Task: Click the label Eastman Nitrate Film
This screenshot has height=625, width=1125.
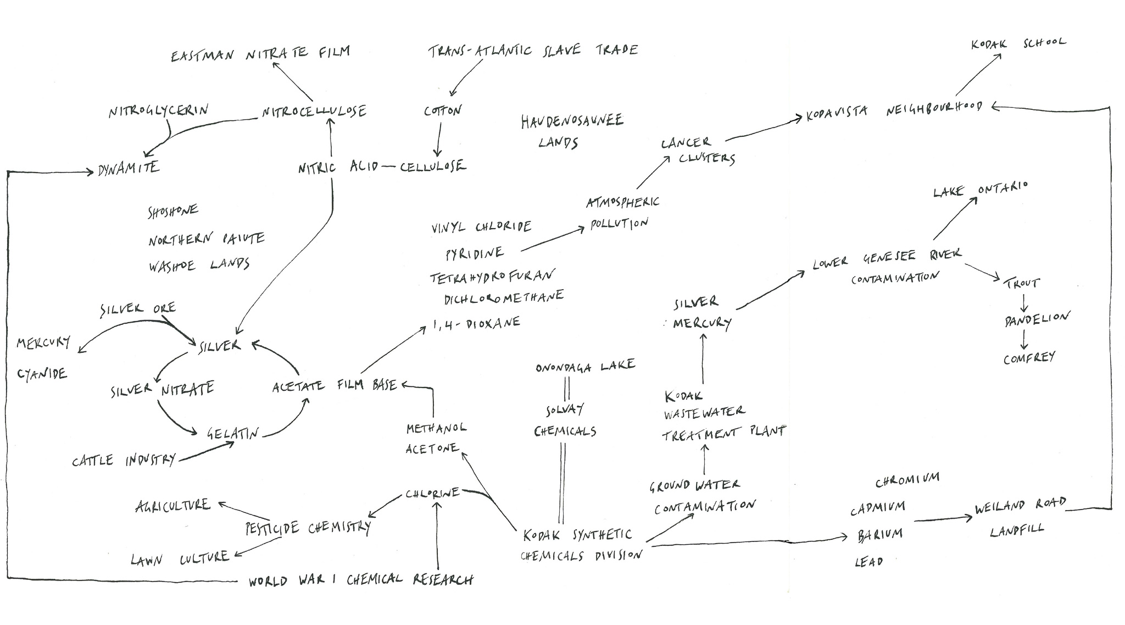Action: (260, 54)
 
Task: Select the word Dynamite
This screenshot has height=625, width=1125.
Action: (129, 168)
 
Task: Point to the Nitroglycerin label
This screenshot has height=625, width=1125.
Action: (158, 110)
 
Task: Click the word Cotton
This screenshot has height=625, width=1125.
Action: (443, 110)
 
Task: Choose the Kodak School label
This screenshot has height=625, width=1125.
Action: (1018, 43)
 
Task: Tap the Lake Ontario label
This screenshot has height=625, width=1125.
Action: (980, 190)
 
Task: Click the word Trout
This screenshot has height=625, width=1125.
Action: (1022, 283)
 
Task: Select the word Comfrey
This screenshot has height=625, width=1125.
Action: (1029, 358)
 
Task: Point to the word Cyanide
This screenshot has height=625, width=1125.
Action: (42, 374)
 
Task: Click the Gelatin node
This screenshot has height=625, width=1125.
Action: (232, 433)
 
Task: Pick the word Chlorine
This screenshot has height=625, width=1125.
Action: (432, 493)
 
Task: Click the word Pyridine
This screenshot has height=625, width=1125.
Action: (474, 253)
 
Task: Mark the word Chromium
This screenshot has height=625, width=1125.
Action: (907, 480)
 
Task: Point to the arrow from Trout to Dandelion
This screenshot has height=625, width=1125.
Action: (1024, 303)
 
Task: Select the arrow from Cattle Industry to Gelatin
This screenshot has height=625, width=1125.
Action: (207, 451)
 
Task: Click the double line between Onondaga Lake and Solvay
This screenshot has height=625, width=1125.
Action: (567, 390)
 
